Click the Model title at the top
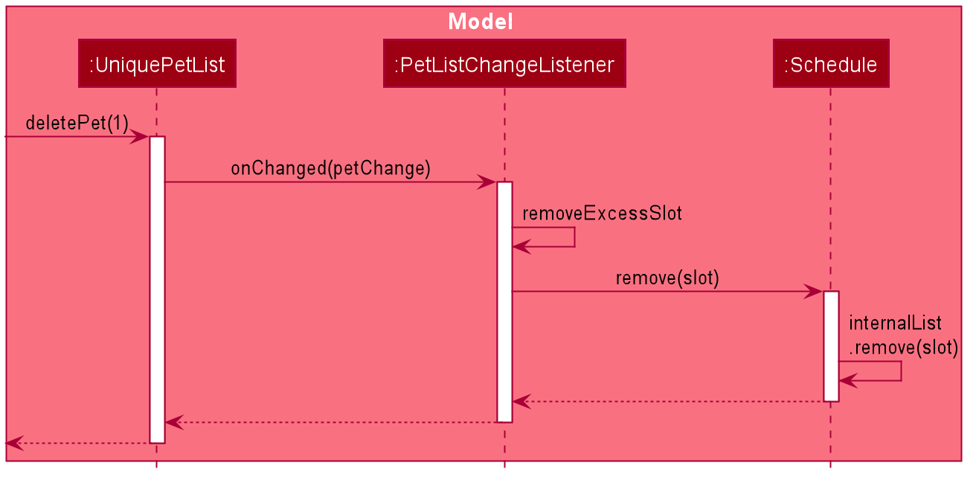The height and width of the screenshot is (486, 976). point(481,22)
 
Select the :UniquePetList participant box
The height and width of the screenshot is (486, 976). point(157,63)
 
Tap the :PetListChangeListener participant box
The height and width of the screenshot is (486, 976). point(504,63)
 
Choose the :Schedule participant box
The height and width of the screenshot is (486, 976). point(831,63)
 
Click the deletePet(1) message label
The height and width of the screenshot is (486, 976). point(77,123)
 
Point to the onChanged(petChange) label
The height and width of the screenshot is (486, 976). point(331,168)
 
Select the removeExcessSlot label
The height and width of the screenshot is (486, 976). point(602,213)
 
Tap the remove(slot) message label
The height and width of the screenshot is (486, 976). point(667,278)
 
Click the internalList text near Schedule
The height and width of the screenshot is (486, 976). point(895,323)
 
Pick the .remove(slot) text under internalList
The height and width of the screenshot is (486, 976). point(904,348)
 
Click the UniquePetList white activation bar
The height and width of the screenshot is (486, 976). point(157,290)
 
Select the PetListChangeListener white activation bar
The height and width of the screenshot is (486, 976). point(504,302)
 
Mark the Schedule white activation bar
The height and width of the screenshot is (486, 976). point(831,346)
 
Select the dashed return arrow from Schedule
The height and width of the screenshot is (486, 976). point(668,401)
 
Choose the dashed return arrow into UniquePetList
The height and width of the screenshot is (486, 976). point(331,422)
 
